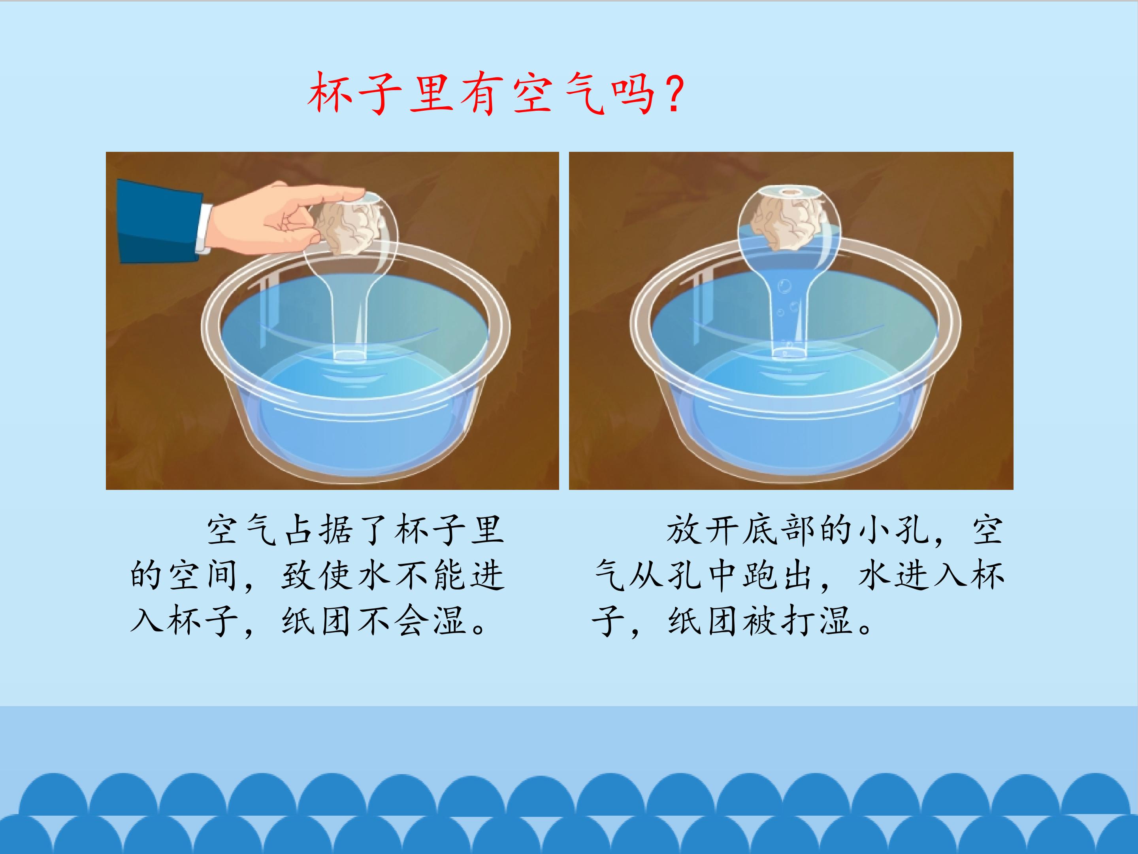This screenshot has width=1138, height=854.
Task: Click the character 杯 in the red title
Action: (329, 93)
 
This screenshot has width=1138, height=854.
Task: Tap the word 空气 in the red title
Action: (559, 94)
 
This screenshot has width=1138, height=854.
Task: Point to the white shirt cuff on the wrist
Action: (204, 229)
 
